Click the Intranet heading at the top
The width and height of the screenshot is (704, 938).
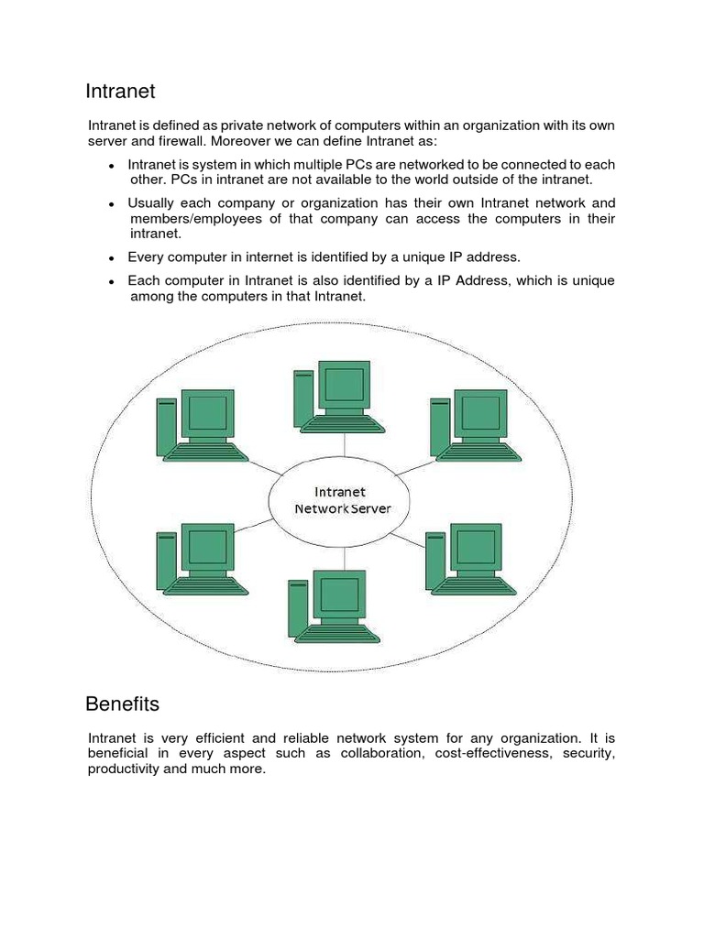[120, 92]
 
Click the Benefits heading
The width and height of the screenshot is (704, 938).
[122, 704]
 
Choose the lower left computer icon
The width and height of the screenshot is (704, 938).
[201, 559]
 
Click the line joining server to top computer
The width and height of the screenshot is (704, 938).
[343, 444]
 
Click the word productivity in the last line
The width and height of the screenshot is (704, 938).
[124, 769]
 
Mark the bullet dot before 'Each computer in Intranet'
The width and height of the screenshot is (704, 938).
[111, 282]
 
